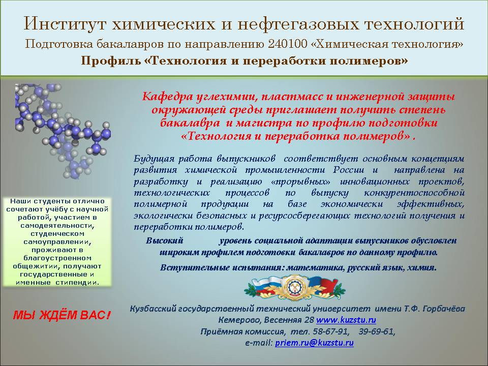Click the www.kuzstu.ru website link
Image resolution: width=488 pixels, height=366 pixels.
tap(346, 320)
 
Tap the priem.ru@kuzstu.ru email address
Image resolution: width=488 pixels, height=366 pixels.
tap(314, 343)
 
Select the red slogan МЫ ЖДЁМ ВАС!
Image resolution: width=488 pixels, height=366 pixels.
tap(62, 315)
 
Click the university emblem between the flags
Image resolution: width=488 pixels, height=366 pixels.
tap(294, 288)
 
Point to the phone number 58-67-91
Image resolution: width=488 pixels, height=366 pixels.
tap(330, 331)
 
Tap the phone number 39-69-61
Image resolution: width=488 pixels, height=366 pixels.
tap(377, 331)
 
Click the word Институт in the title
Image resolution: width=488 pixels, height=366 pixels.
tap(66, 24)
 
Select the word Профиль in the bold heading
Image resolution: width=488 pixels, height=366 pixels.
tap(111, 60)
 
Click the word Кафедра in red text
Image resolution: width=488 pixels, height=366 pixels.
tap(167, 97)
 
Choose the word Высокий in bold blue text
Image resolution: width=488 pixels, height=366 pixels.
tap(164, 240)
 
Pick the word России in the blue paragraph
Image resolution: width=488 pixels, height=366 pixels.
tap(348, 170)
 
